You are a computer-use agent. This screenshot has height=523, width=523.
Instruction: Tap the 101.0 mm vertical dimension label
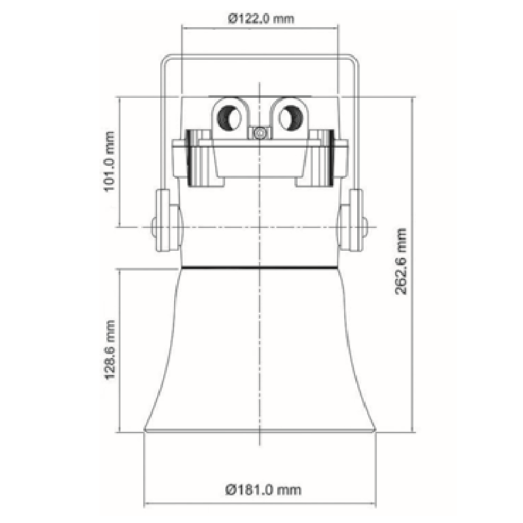(110, 161)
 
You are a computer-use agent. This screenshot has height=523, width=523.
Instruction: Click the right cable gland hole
(288, 118)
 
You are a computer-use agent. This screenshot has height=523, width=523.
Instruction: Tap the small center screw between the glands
(260, 133)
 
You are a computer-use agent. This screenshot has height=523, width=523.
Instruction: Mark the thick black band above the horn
(260, 267)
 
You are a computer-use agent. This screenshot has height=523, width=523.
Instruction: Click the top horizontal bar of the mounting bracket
(260, 57)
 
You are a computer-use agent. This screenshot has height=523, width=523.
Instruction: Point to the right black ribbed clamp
(329, 158)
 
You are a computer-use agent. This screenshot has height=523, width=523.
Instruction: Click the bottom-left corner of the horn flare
(146, 431)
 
